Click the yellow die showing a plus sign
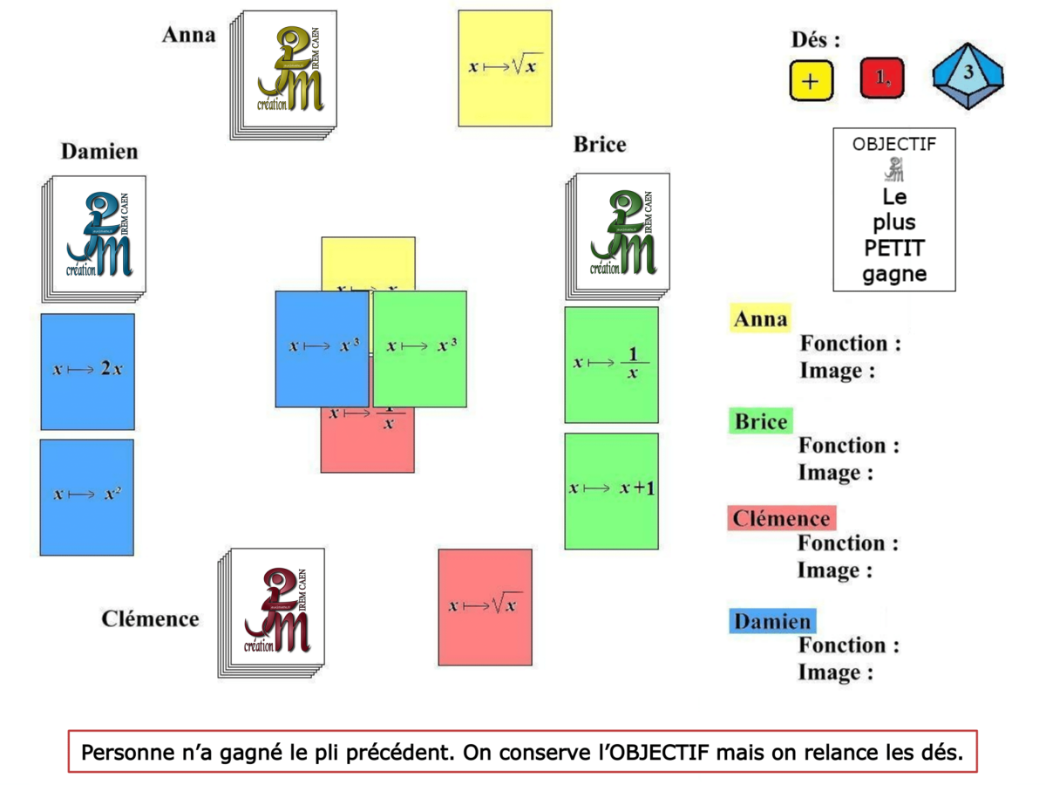(x=812, y=80)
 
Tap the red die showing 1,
(x=882, y=78)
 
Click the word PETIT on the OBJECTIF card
(x=893, y=249)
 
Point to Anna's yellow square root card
(x=505, y=68)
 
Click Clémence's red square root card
(x=485, y=606)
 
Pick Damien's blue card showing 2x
(x=87, y=371)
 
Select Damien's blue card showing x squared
(x=86, y=496)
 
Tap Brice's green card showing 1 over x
(x=611, y=365)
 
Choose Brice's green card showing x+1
(x=611, y=490)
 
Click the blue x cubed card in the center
(x=322, y=348)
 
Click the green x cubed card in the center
(x=420, y=348)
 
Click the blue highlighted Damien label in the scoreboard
(x=771, y=622)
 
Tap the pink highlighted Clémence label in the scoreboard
(x=780, y=519)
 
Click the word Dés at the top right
(x=815, y=40)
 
